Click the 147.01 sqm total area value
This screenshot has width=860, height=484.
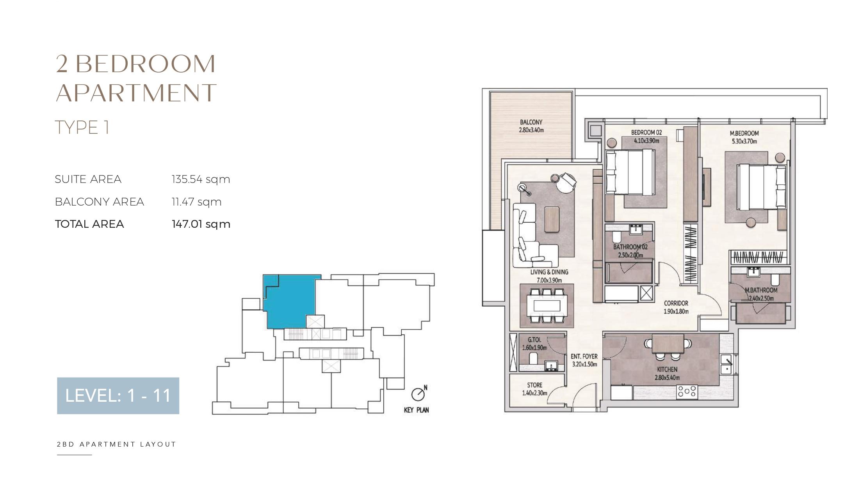pos(201,224)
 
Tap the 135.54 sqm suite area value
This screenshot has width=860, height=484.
pos(201,179)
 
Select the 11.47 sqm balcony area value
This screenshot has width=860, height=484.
pos(197,202)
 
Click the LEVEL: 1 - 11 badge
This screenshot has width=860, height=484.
pos(118,395)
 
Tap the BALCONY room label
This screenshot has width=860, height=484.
pos(531,122)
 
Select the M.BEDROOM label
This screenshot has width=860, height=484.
pos(744,133)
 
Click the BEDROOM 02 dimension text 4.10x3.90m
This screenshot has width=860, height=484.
pos(646,141)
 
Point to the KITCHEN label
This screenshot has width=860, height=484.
pos(667,370)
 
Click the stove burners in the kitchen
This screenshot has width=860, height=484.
pos(687,392)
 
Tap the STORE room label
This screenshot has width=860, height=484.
pos(534,385)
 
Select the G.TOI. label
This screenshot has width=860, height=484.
pos(534,340)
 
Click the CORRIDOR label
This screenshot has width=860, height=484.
pos(676,303)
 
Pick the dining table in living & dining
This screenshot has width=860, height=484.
pos(547,305)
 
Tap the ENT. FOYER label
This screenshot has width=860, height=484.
pos(584,356)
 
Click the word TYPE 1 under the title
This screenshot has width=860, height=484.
pos(82,128)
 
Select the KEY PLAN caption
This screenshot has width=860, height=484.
pos(416,410)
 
